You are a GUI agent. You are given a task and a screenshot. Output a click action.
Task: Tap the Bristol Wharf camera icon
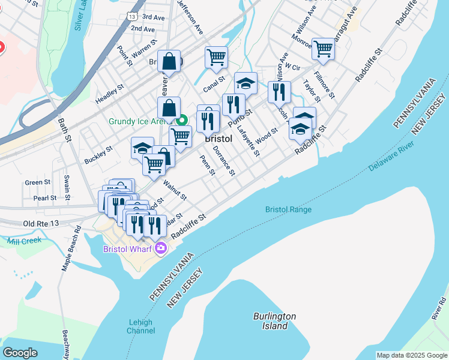(160, 248)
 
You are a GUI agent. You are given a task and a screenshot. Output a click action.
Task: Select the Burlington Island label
(274, 320)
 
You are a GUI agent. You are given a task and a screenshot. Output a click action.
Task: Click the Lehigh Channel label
(141, 326)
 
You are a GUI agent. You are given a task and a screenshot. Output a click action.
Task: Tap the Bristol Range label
(288, 209)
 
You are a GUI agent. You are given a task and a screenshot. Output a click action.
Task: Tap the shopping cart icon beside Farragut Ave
(323, 48)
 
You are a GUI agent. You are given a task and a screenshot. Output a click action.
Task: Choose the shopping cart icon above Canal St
(216, 57)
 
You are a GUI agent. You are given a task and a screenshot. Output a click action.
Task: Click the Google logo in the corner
(20, 353)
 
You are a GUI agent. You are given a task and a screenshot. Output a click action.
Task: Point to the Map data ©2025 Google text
(411, 355)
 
